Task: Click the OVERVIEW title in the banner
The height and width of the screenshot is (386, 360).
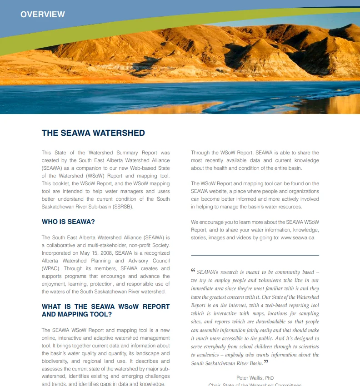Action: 43,15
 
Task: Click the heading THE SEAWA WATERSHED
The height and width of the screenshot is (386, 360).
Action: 93,133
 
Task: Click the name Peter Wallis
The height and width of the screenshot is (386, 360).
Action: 250,378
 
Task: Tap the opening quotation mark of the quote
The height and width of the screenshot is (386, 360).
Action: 193,271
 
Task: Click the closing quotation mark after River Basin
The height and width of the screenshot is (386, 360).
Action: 266,362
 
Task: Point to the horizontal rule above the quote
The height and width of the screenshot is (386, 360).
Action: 255,255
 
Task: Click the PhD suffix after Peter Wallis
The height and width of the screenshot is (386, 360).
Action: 270,378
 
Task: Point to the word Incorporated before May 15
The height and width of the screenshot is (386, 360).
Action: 56,252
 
